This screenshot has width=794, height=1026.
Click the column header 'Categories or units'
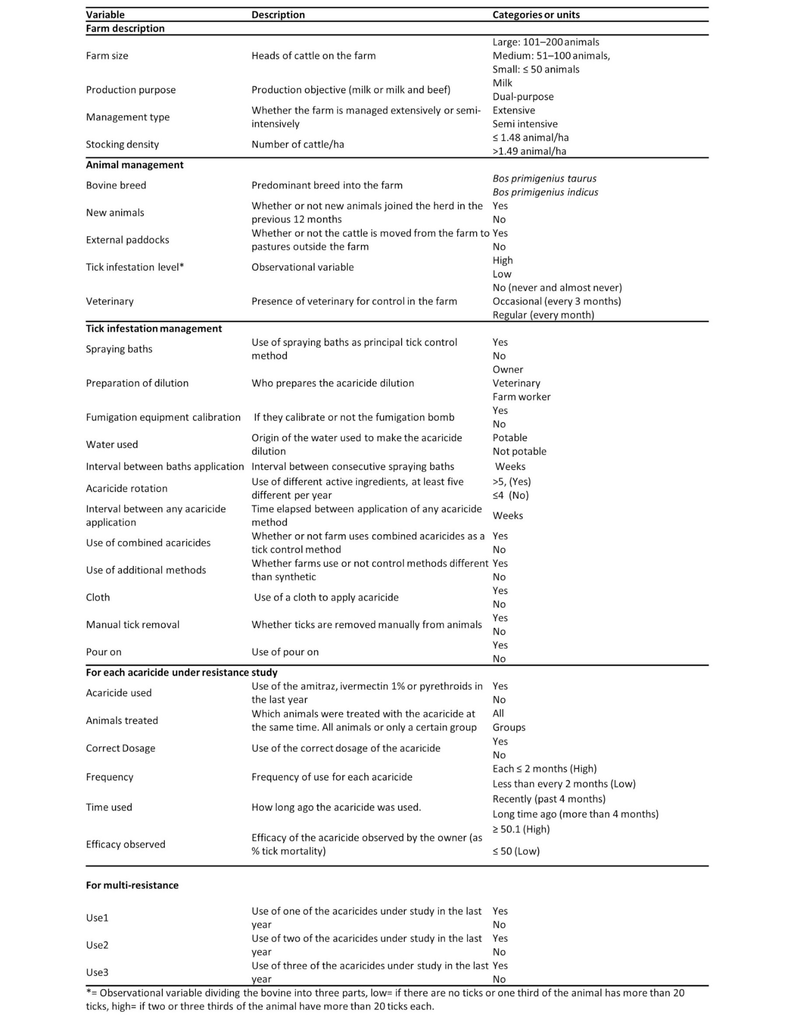pos(535,15)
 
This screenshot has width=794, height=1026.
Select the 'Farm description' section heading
pos(125,29)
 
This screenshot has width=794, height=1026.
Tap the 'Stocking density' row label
pos(122,145)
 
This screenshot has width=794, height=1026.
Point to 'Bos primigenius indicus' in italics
pos(545,192)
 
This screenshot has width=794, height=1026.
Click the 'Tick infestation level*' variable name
pos(135,267)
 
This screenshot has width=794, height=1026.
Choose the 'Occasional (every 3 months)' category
pos(556,301)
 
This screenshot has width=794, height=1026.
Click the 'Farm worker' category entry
pos(521,397)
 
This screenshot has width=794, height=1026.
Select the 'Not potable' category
pos(519,451)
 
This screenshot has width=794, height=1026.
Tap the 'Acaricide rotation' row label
pos(127,489)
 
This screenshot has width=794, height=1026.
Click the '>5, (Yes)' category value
pos(512,481)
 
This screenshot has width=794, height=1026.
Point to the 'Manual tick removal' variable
pos(133,625)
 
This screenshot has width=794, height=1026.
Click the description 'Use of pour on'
pos(285,652)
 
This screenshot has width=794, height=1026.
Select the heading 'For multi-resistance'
pos(132,885)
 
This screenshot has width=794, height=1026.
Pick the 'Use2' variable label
pos(97,945)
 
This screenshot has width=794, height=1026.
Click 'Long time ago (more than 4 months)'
pos(575,814)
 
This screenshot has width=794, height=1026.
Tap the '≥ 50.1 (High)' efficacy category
pos(521,829)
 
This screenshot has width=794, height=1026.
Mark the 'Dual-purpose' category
pos(523,97)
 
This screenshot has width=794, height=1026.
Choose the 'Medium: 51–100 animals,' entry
pos(551,56)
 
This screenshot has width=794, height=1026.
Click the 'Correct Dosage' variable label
pos(121,748)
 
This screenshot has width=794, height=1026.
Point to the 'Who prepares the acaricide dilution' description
pos(332,383)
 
